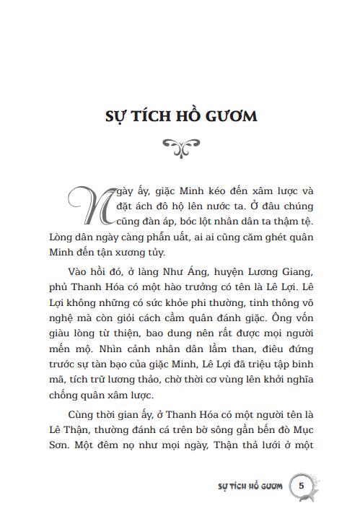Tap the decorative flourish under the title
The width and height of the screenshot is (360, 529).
[180, 147]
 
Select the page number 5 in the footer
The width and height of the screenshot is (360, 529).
[302, 484]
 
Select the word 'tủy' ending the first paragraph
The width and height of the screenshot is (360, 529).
[155, 252]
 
